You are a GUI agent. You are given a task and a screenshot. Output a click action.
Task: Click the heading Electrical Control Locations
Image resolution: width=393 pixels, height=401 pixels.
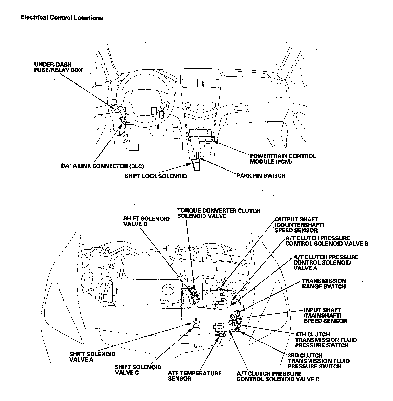click(x=62, y=18)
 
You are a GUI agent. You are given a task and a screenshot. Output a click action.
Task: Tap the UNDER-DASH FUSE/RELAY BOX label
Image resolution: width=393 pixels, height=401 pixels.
click(x=58, y=67)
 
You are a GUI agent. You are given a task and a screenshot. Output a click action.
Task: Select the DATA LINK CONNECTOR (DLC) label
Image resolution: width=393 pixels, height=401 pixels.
click(x=102, y=166)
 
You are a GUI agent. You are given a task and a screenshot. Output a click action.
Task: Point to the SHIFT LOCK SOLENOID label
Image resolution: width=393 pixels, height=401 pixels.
click(x=156, y=176)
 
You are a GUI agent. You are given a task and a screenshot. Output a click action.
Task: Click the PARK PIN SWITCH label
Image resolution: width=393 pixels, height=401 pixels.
click(x=261, y=176)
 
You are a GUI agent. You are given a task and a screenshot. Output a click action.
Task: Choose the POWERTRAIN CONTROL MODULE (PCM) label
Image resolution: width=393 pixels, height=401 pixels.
click(x=283, y=159)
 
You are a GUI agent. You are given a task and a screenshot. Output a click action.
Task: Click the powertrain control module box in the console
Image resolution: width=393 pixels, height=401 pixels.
click(x=201, y=135)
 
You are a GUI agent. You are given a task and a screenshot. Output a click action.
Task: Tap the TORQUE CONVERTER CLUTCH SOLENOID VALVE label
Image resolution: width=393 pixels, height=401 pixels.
click(x=219, y=213)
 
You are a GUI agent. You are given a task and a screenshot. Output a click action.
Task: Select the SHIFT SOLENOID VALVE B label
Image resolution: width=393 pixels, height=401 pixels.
click(x=146, y=221)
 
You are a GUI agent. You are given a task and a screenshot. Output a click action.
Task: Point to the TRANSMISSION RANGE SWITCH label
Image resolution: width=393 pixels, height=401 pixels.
click(x=324, y=283)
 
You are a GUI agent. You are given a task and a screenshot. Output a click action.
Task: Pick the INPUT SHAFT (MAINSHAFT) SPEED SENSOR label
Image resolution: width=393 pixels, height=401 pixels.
click(x=325, y=315)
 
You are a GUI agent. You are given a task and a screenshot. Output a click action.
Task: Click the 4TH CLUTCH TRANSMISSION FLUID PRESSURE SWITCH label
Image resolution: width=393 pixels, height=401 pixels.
click(x=326, y=340)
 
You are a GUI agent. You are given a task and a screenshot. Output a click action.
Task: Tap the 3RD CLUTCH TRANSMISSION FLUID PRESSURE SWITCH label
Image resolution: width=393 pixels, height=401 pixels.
click(x=319, y=361)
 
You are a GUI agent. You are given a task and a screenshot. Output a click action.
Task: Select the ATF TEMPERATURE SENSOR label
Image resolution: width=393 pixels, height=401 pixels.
click(x=195, y=376)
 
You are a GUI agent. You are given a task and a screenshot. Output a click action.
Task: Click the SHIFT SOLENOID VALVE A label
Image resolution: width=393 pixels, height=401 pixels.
click(x=92, y=357)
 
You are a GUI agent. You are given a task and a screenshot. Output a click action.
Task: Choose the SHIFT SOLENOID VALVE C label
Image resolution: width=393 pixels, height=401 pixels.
click(x=138, y=370)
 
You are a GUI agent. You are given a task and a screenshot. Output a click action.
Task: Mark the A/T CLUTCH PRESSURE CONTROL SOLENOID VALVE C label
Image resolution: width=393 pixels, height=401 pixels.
click(x=278, y=376)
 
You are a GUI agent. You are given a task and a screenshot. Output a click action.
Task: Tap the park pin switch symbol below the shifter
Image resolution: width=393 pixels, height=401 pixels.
click(x=198, y=155)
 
